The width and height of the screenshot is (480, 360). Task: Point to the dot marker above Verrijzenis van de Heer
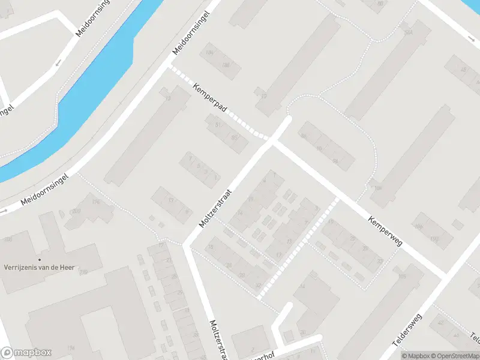pos(39,259)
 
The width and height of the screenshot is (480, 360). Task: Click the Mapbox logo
pos(26,353)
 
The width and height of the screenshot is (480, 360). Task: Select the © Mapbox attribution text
pos(415,356)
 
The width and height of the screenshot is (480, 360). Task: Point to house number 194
pos(71,348)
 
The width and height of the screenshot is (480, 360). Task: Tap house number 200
pos(76,211)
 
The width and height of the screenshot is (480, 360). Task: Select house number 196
pos(95,202)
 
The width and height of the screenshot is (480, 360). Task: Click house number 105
pos(401,276)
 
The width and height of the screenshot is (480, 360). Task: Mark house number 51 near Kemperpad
pos(218,125)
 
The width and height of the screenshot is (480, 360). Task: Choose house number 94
pos(334,161)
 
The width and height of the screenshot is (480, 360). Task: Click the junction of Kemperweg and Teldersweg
pos(445,274)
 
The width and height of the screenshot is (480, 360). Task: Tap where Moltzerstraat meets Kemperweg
pos(271,142)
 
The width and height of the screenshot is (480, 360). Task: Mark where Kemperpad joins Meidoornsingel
pos(170,67)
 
